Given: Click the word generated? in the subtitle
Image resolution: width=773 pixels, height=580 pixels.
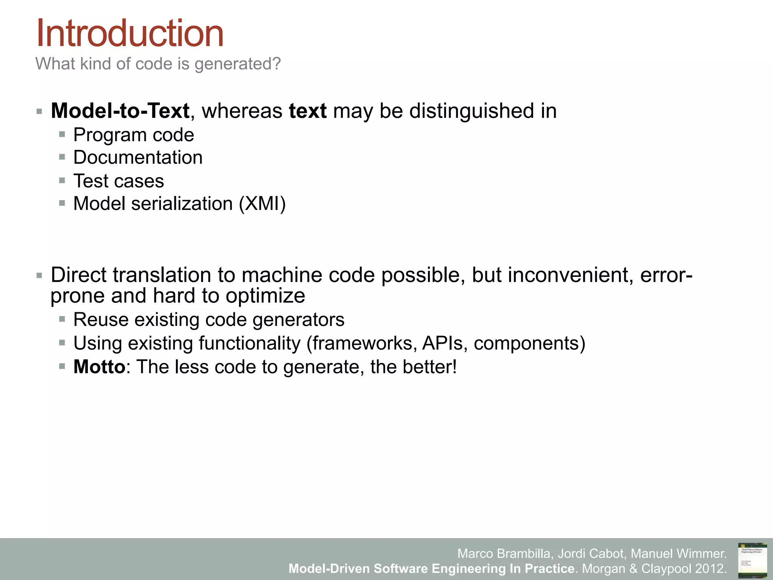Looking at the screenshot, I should pos(238,64).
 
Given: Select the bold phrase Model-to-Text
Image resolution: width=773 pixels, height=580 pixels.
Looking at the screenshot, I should pos(120,111).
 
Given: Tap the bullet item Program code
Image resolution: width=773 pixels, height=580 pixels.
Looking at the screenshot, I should pos(134,135).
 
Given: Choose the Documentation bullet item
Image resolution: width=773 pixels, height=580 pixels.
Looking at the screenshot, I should pos(138,157).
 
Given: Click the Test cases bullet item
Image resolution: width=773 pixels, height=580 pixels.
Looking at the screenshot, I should pos(119,181).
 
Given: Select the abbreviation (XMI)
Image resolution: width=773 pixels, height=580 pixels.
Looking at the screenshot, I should pos(262,204).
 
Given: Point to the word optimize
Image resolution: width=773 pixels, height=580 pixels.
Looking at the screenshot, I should pos(265,296).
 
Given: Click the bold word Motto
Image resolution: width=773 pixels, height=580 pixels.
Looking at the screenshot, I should pos(99,367).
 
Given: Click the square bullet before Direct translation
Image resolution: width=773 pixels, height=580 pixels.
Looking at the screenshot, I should pos(39,276).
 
